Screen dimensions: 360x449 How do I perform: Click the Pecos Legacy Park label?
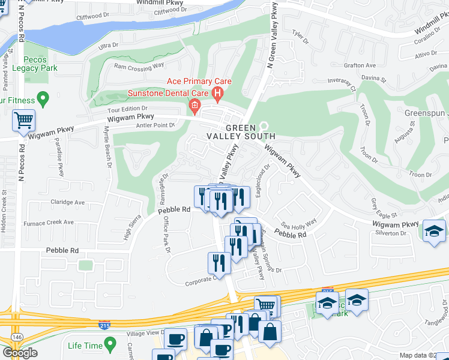pos(35,64)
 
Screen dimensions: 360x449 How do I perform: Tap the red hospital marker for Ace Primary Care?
pos(217,93)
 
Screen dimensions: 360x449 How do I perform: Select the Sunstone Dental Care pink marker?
pos(194,107)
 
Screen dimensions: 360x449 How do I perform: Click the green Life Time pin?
pos(109,344)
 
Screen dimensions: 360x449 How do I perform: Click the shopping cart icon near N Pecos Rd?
pos(23,120)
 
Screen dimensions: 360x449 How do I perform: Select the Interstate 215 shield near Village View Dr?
pos(104,324)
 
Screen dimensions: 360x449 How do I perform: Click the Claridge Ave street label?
pos(68,202)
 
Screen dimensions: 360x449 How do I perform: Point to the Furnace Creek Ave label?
pos(48,223)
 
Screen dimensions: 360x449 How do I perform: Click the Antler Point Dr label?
pos(155,125)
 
